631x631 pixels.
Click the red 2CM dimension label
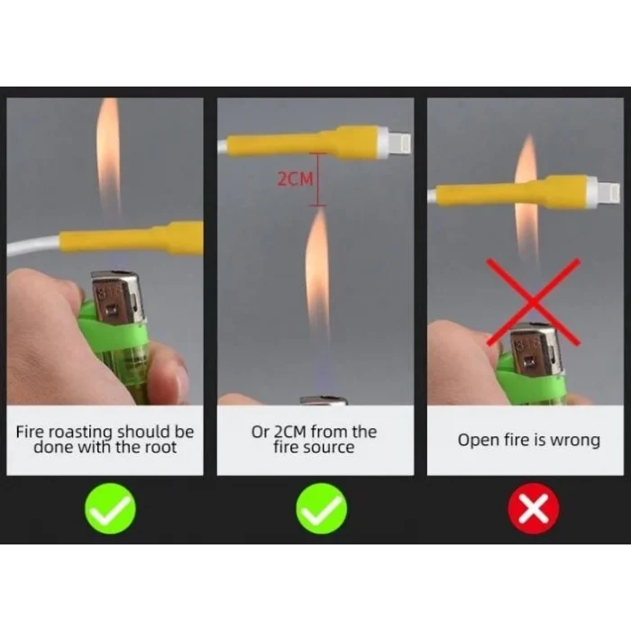295,178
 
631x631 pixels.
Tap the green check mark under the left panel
110,508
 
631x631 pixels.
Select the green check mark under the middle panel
322,508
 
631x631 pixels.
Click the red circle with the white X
534,508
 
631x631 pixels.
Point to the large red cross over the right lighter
534,302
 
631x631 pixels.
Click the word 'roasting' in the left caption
83,433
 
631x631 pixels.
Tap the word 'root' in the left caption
160,447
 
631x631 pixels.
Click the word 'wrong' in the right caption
575,440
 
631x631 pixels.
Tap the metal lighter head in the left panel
117,297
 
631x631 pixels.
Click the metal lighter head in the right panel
535,350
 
